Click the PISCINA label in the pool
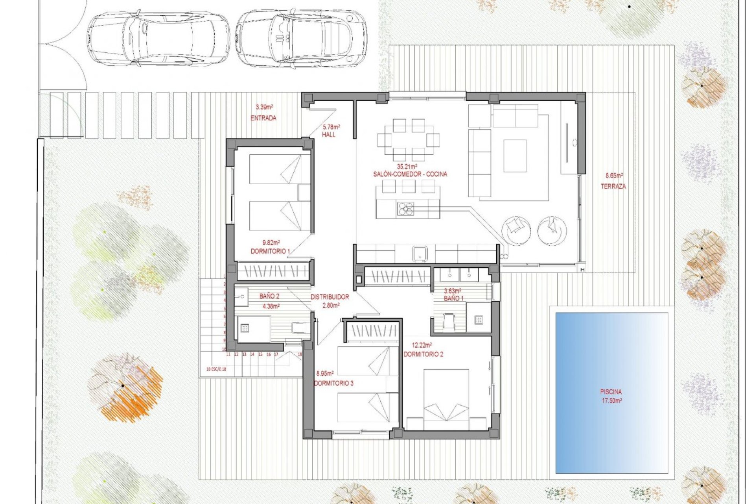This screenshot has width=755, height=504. click(x=611, y=392)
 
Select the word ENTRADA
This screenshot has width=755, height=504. click(x=263, y=118)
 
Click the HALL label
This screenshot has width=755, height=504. click(x=329, y=135)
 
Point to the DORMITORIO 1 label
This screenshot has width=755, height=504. click(x=270, y=251)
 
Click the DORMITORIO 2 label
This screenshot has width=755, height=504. click(x=423, y=354)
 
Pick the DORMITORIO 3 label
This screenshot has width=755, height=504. click(x=333, y=383)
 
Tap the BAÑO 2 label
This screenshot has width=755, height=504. click(x=269, y=296)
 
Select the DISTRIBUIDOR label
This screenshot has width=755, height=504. click(x=330, y=297)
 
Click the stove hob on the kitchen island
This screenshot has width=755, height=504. click(x=405, y=209)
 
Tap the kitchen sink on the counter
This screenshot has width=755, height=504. click(x=420, y=253)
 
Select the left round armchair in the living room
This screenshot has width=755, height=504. click(x=516, y=230)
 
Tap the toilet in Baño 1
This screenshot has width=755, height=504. click(x=449, y=320)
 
